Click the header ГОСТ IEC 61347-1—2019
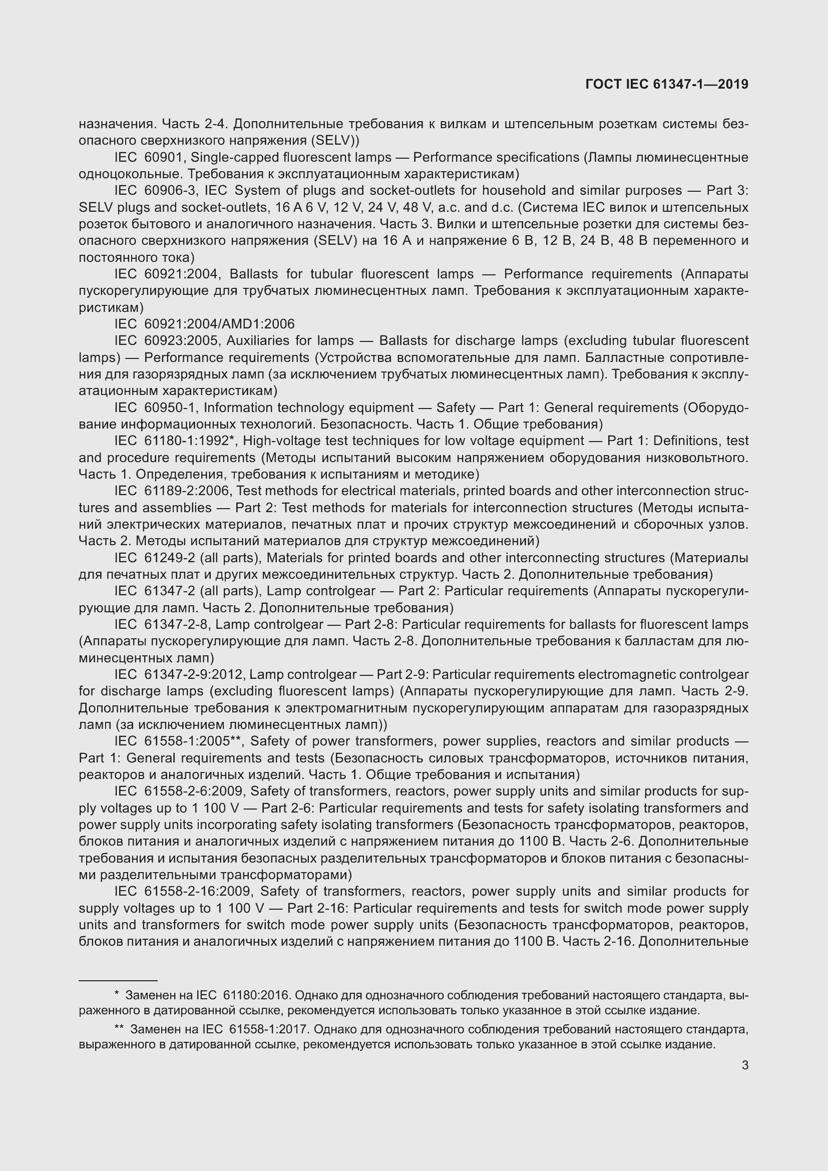pos(667,85)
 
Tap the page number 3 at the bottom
pos(745,1065)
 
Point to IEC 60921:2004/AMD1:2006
pos(204,324)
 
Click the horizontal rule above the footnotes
pos(118,980)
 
